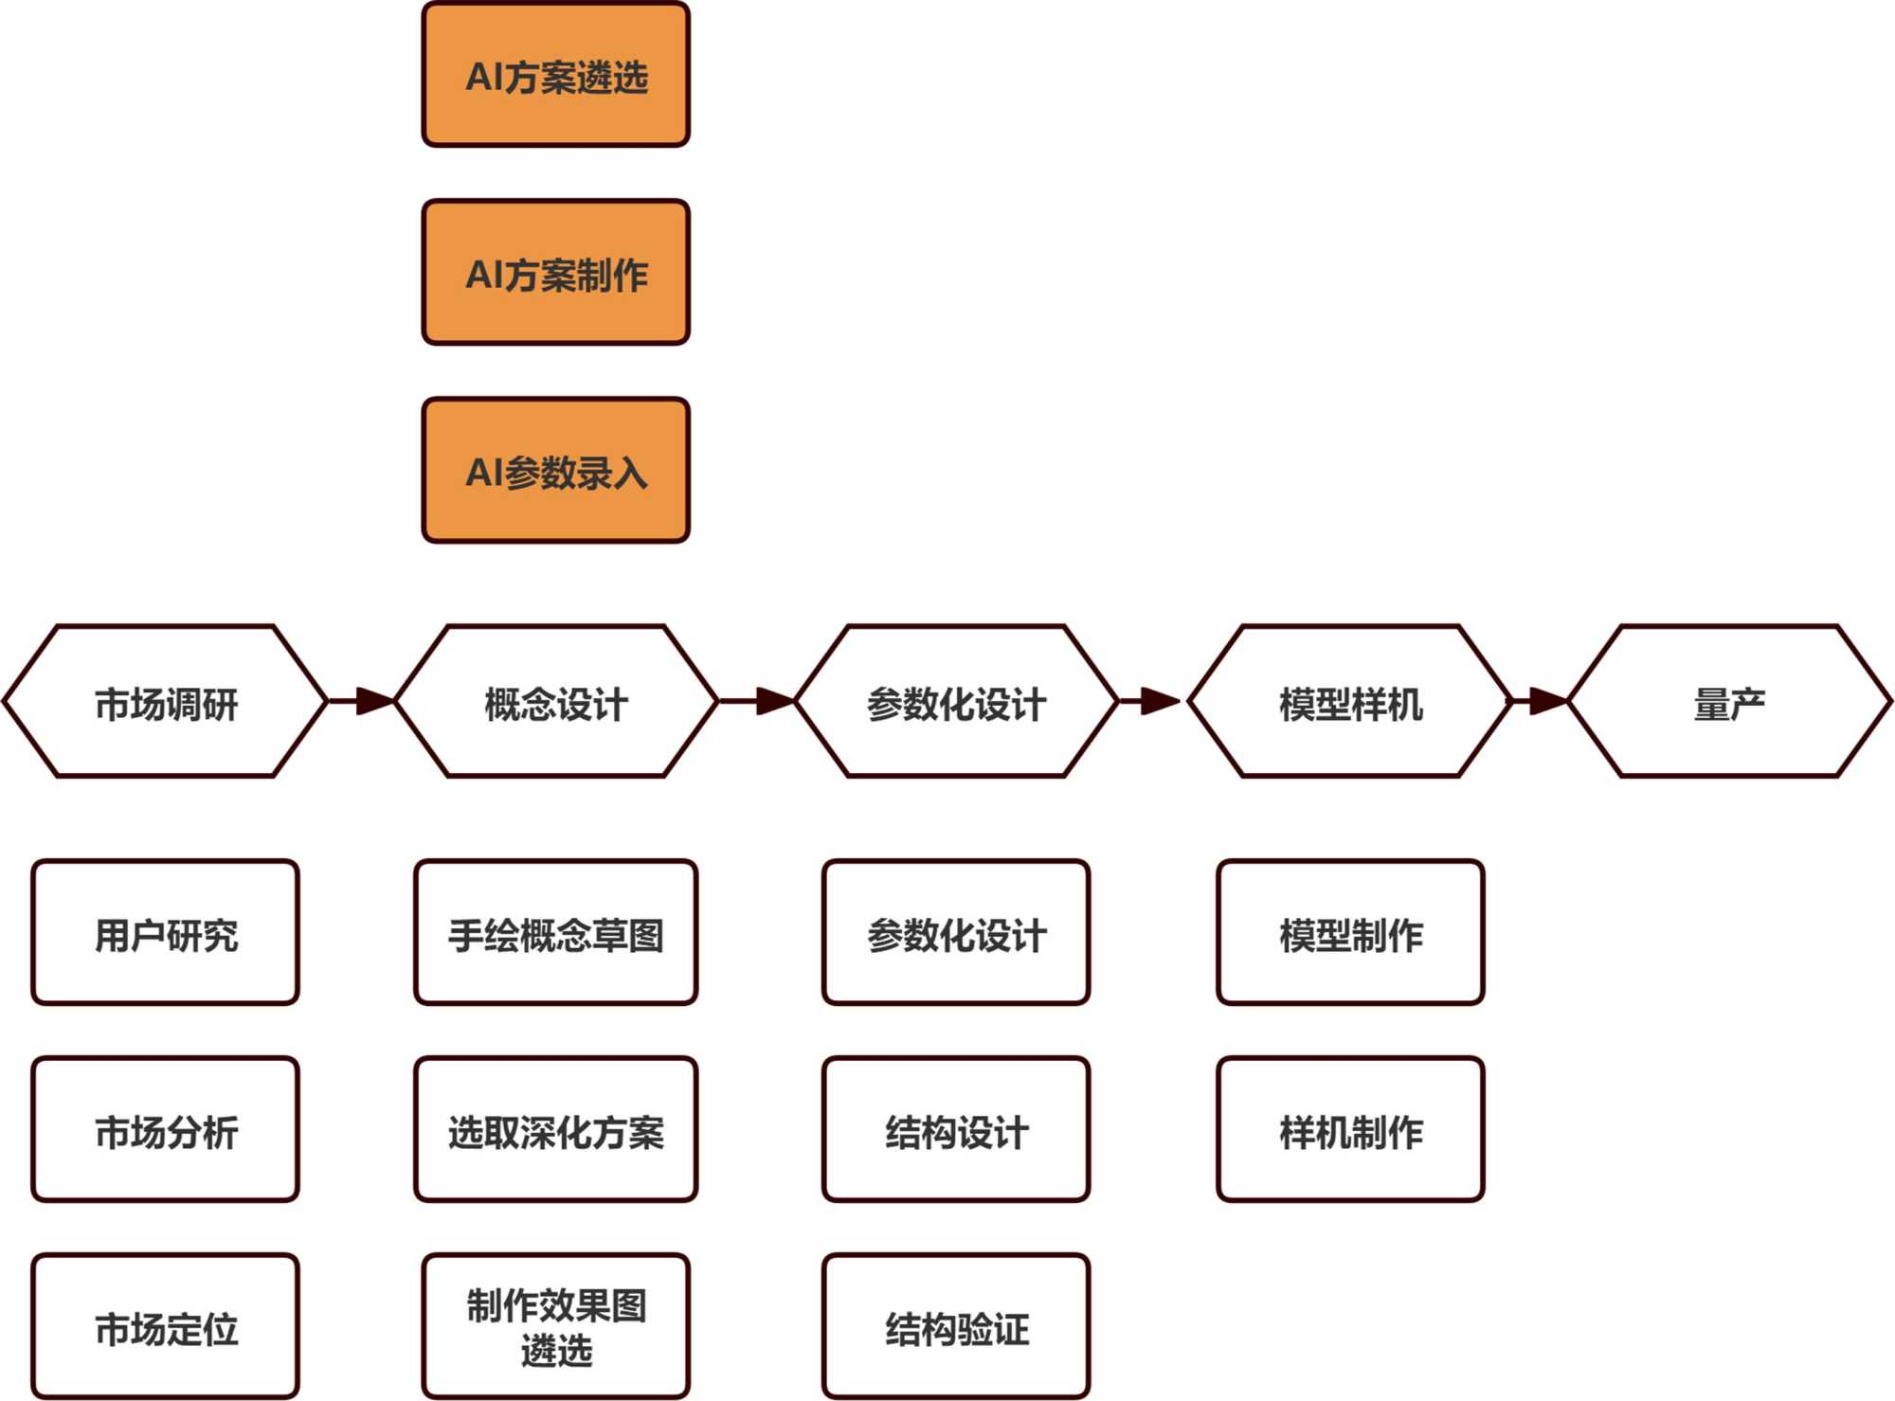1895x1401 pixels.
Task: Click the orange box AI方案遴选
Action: coord(556,76)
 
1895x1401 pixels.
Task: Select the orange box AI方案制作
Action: coord(556,273)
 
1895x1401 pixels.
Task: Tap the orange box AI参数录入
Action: coord(556,471)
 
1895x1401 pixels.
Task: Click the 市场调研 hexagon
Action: coord(166,702)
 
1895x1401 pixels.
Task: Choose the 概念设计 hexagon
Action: coord(556,702)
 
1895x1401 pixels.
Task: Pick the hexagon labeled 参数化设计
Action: coord(956,702)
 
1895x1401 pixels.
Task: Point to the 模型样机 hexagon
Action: coord(1350,702)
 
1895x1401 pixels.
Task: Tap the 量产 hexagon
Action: coord(1730,702)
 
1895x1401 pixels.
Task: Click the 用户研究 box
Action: coord(166,933)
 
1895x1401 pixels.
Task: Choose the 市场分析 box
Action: coord(166,1130)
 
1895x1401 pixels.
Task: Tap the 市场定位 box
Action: coord(166,1327)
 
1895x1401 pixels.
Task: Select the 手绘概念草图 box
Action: coord(556,933)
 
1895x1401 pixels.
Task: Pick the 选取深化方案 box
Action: coord(556,1130)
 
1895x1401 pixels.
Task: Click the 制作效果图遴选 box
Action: coord(556,1327)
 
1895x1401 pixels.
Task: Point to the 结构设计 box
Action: coord(956,1130)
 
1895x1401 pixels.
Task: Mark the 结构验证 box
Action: coord(956,1327)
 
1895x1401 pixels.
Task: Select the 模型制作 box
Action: coord(1350,933)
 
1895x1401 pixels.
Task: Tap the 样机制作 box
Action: coord(1350,1130)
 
